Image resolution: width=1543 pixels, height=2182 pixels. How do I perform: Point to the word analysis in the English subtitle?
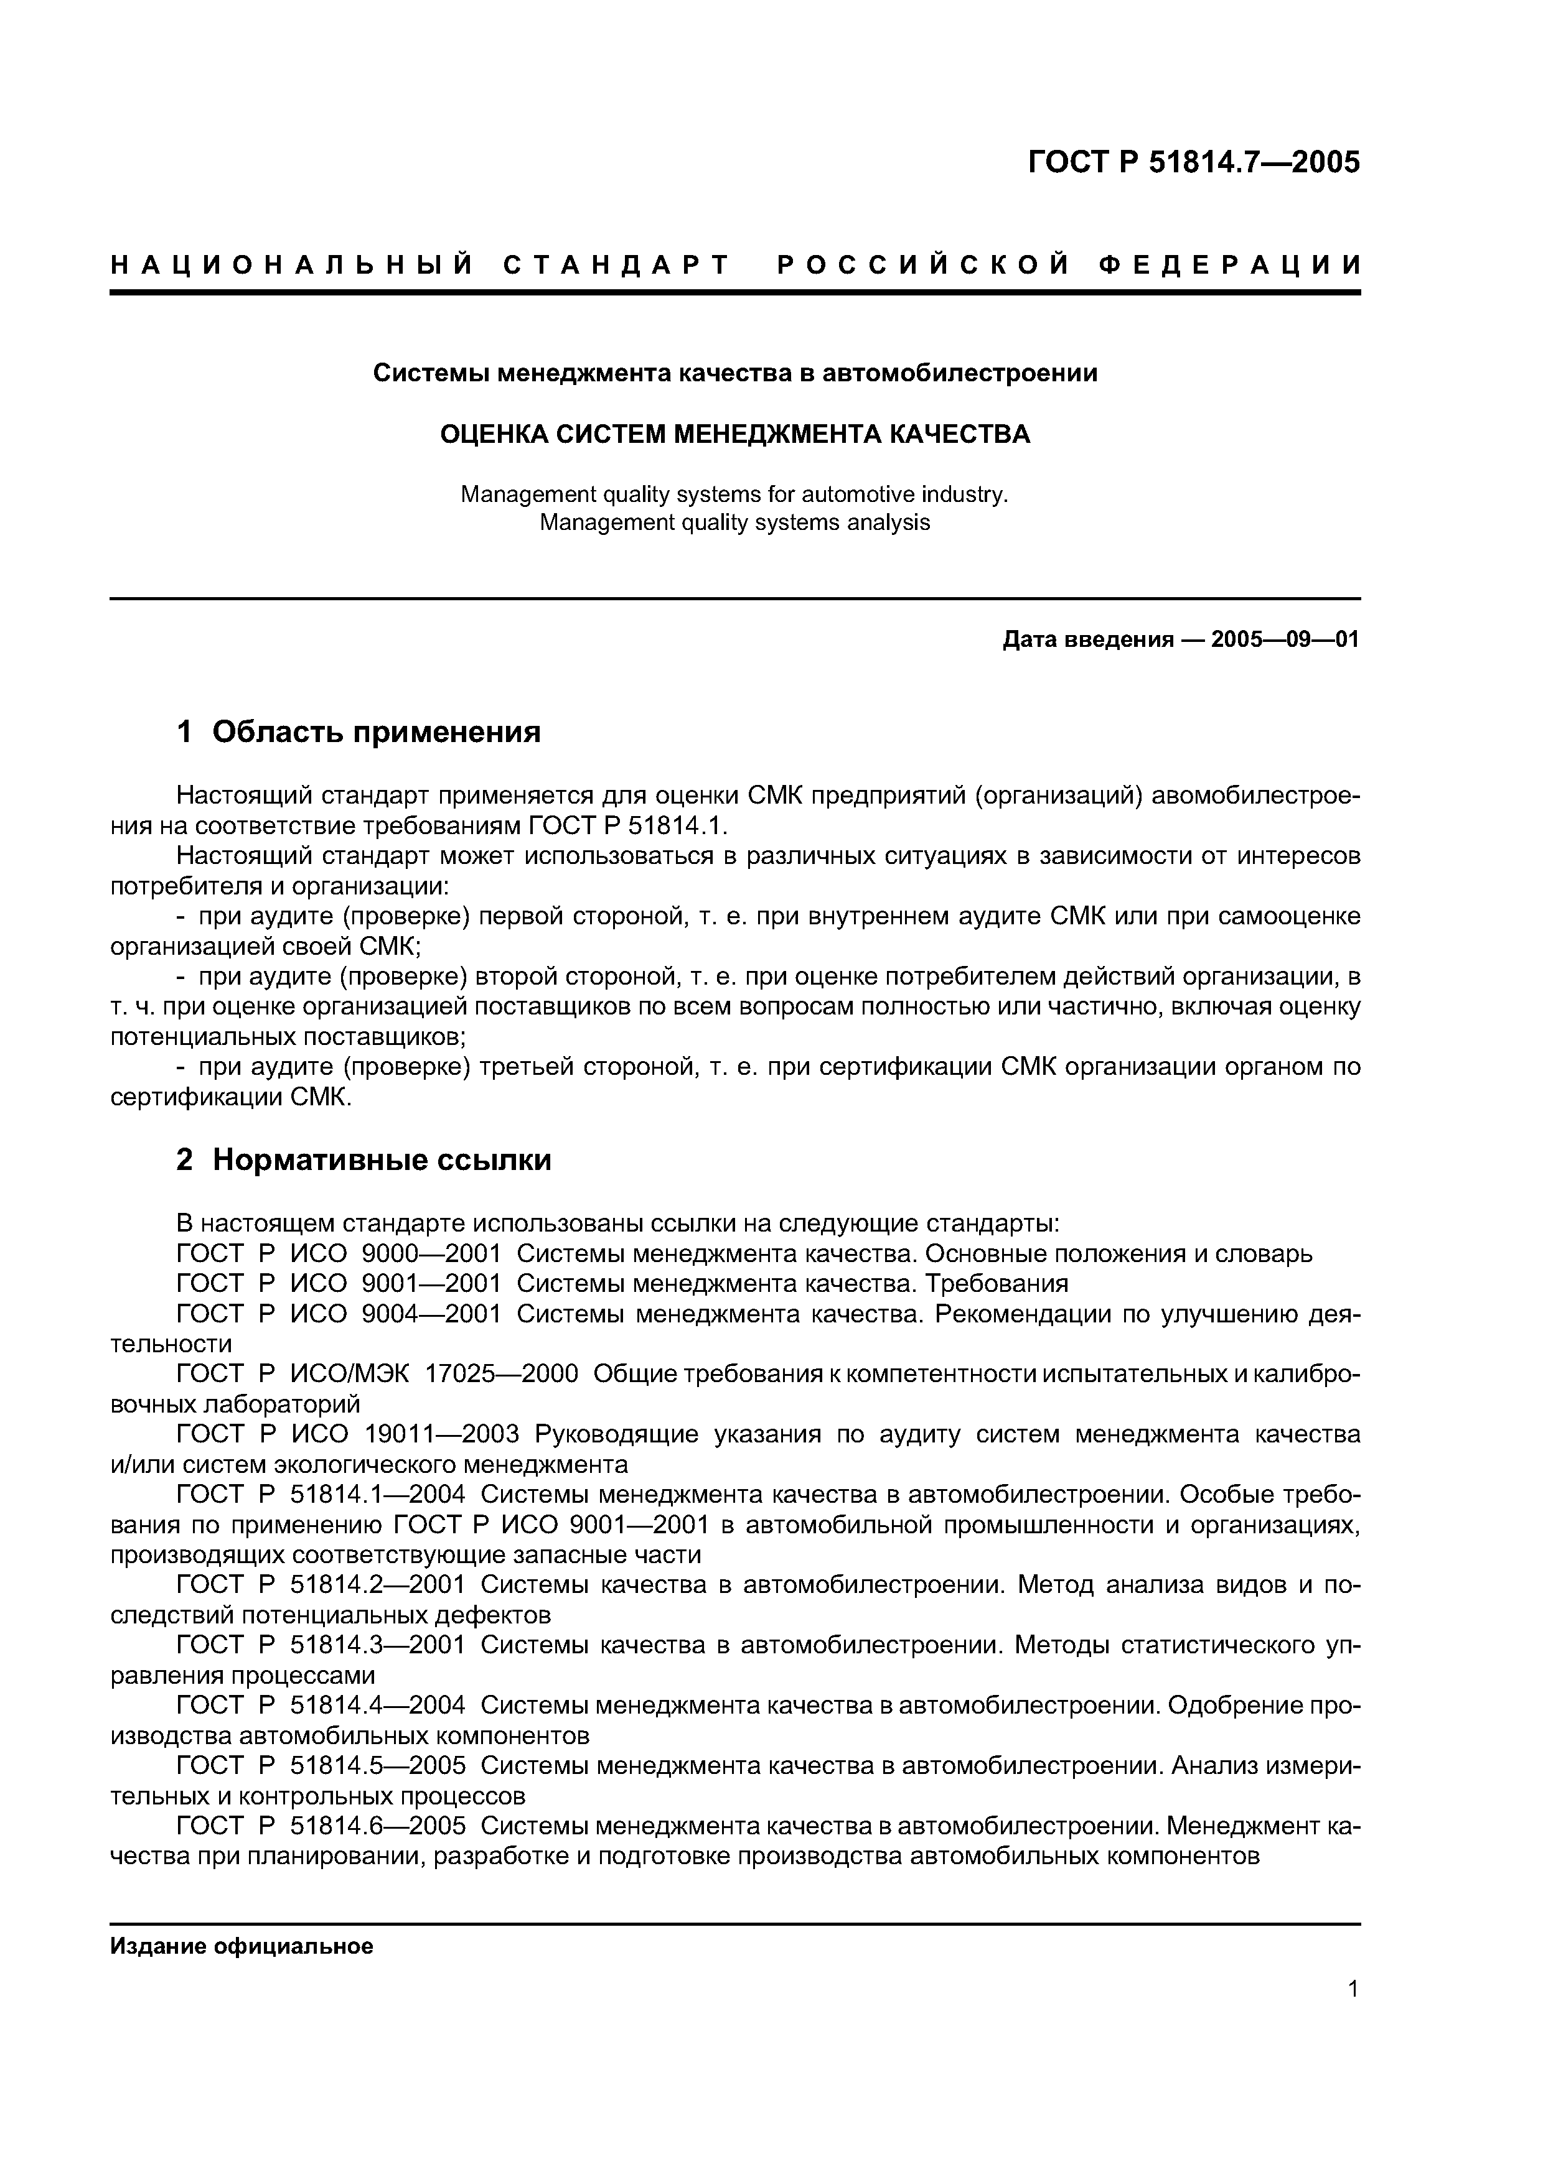pos(881,522)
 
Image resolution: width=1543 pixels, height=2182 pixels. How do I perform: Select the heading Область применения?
pos(377,731)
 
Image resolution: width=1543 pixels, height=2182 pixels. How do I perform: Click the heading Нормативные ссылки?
pos(381,1161)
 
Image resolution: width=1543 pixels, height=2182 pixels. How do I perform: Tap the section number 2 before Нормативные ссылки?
pos(184,1161)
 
